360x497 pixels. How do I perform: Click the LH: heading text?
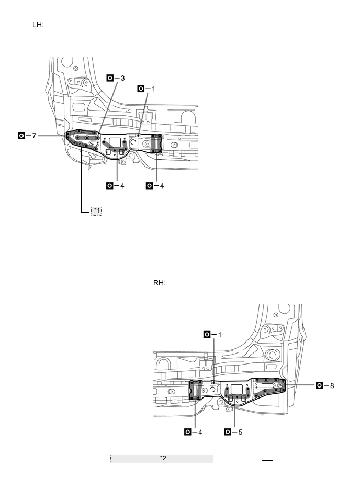[38, 25]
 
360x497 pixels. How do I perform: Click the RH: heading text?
[159, 283]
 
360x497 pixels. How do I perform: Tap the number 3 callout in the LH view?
[122, 78]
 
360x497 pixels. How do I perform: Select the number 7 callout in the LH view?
[34, 136]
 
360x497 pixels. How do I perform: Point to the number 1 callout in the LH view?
[153, 89]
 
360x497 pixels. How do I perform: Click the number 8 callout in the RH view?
[332, 385]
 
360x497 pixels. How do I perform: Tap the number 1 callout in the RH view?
[220, 334]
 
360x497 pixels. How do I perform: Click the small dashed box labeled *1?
[96, 211]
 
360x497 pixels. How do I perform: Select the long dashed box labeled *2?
[162, 459]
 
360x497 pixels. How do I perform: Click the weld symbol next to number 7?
[21, 136]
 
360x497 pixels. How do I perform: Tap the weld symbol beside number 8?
[319, 385]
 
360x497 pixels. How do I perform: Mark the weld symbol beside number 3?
[110, 78]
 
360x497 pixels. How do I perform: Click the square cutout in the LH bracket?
[114, 142]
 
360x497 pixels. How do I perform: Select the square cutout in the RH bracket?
[237, 389]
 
